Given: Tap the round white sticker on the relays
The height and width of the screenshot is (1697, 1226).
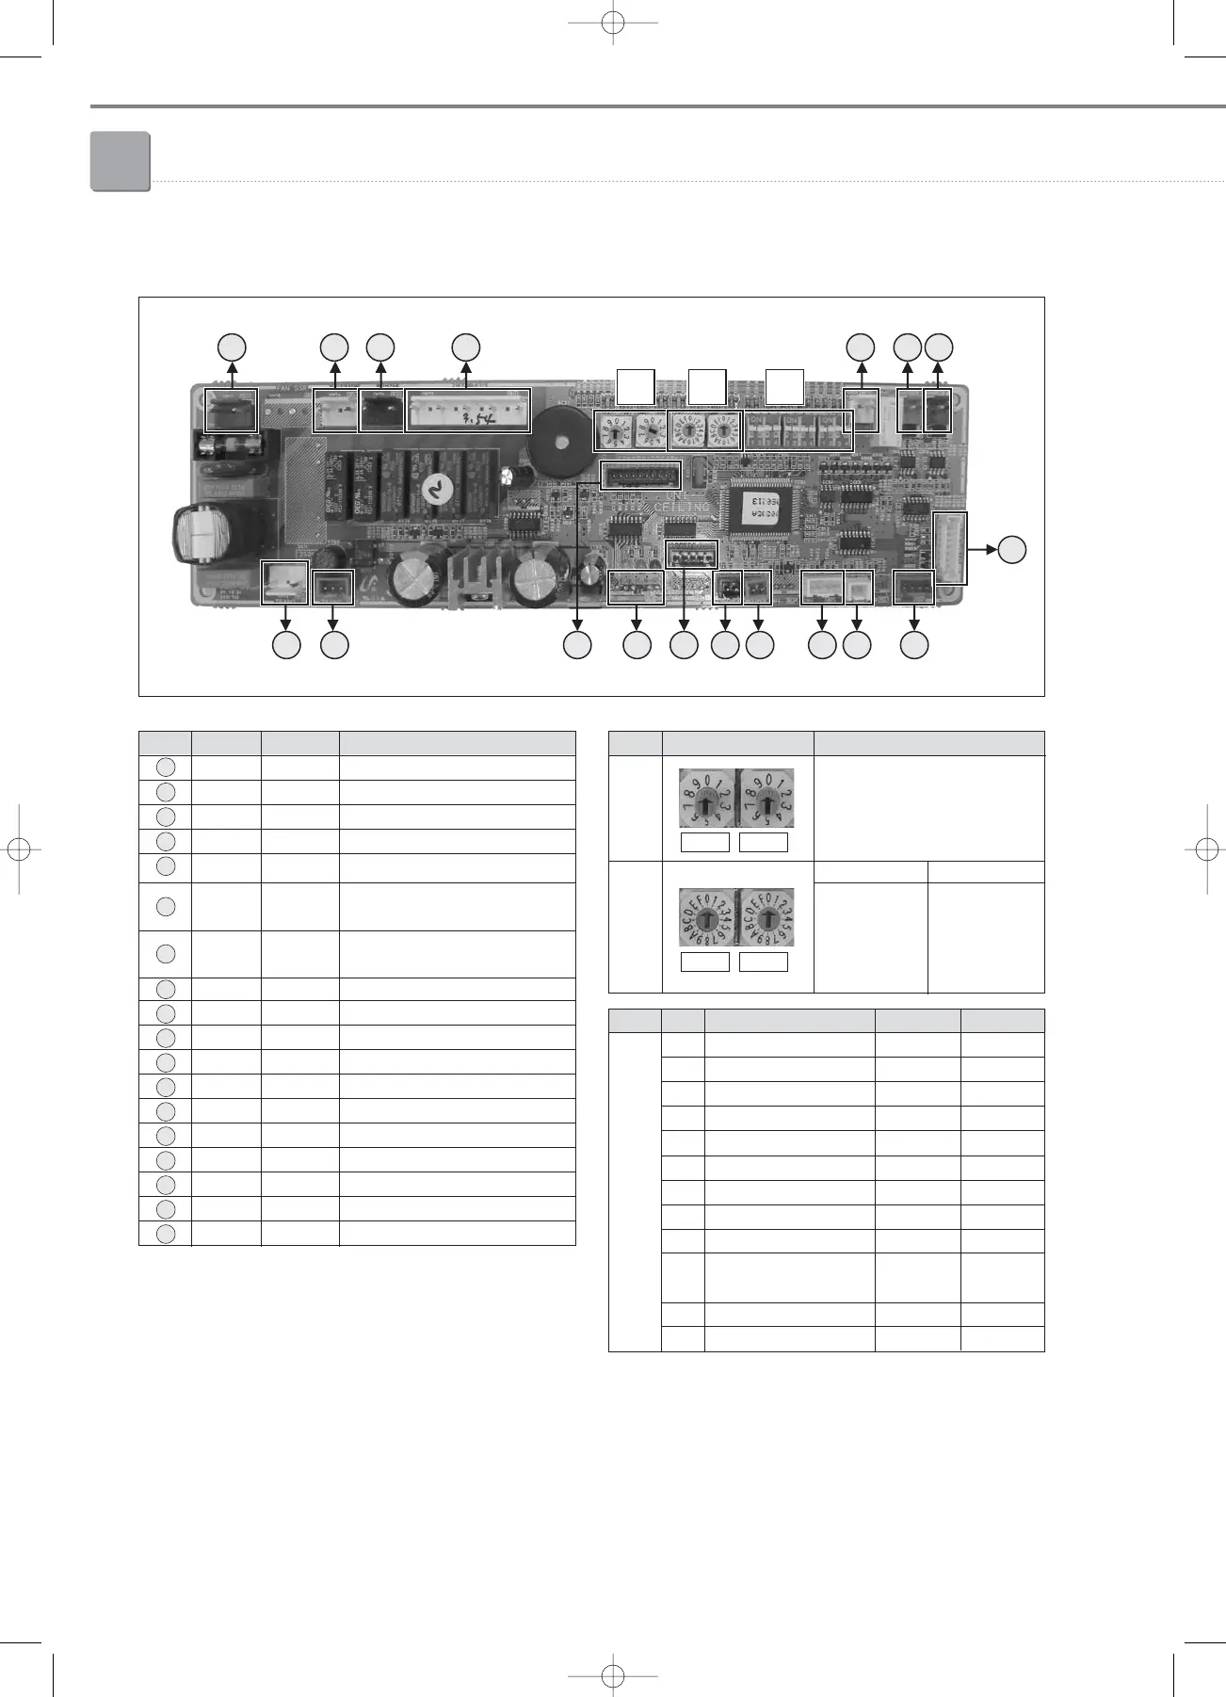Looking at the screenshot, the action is click(434, 489).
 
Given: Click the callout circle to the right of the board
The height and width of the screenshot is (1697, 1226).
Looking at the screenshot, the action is click(1012, 549).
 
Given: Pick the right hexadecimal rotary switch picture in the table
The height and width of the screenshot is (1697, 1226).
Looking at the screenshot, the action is click(766, 918).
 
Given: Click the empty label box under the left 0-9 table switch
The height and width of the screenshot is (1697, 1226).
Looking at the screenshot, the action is click(705, 842).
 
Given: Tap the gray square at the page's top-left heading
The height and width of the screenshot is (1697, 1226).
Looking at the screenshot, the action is click(121, 161).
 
